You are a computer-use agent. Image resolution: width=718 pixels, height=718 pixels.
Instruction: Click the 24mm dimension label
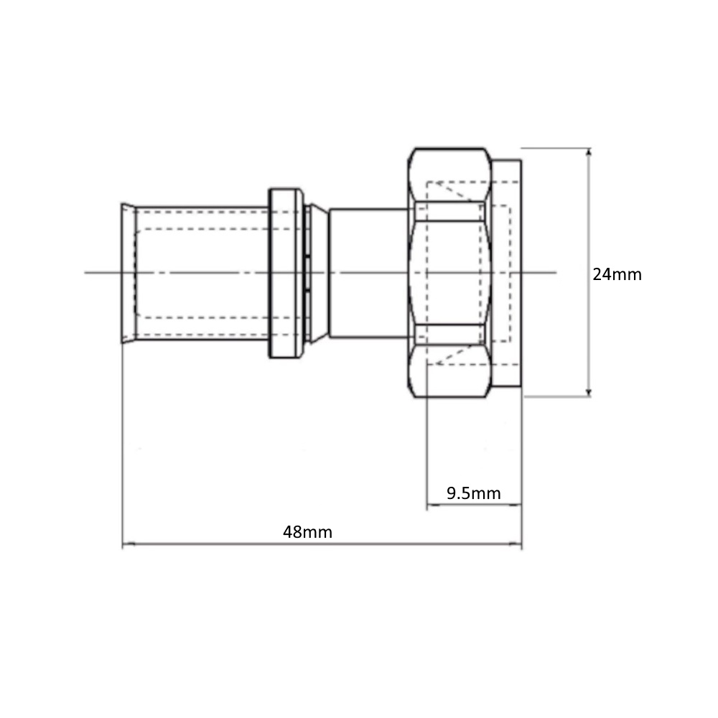617,274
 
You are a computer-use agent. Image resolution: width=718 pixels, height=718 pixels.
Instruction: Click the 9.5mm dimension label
473,493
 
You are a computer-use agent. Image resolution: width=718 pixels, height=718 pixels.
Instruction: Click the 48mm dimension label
307,532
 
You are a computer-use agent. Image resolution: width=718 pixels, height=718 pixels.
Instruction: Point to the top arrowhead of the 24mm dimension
589,153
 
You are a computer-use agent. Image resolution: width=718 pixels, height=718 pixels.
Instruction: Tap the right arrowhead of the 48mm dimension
516,544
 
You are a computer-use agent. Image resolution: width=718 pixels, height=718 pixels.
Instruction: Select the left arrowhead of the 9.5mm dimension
432,505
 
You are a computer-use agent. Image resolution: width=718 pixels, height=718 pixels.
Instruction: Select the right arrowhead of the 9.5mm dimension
516,505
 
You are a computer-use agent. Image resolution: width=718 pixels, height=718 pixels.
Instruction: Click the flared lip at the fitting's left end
129,273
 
